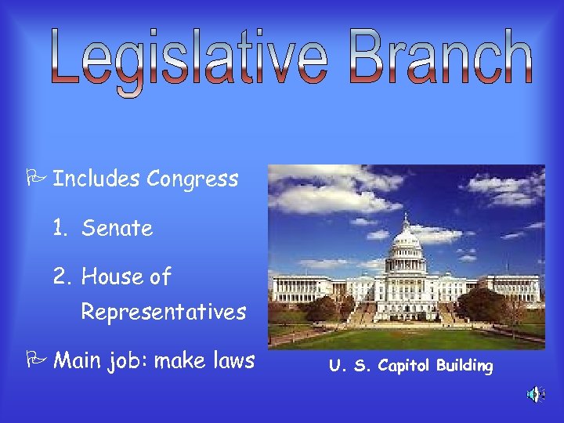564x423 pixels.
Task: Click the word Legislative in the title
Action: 191,58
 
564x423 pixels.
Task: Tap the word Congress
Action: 192,179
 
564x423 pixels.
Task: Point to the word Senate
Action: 117,228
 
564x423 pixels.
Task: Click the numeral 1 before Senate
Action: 59,228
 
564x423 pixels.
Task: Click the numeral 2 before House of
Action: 60,277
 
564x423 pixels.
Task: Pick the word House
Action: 110,277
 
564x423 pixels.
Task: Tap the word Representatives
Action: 164,312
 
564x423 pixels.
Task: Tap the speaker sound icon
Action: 535,394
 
